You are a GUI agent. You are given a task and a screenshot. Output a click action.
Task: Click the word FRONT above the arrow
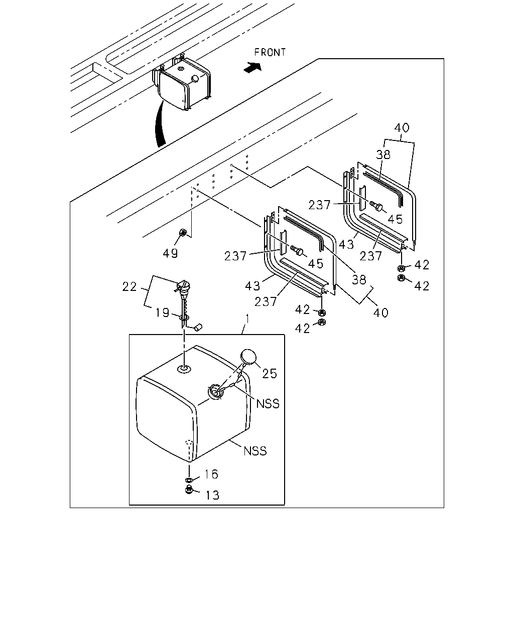(x=270, y=53)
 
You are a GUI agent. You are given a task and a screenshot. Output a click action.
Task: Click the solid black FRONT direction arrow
(x=252, y=67)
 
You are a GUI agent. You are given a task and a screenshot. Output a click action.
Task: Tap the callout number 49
(x=170, y=253)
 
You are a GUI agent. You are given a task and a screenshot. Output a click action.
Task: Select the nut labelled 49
(x=183, y=232)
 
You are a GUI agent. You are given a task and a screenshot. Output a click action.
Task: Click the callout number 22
(x=130, y=287)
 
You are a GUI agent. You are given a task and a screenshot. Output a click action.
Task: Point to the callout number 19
(x=163, y=312)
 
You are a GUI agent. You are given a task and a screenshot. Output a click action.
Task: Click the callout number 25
(x=270, y=374)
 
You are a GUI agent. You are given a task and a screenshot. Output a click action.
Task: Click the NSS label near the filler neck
(x=268, y=404)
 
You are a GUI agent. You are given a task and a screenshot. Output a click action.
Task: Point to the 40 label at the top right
(x=402, y=128)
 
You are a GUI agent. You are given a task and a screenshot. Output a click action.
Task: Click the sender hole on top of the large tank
(x=184, y=369)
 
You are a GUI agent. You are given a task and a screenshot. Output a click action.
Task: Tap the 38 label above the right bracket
(x=383, y=154)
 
